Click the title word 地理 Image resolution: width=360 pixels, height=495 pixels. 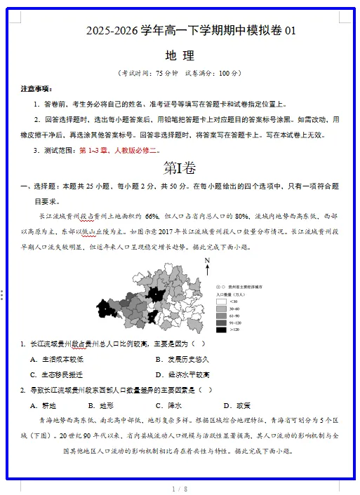click(x=180, y=55)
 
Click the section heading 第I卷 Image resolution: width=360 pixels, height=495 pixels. click(x=180, y=168)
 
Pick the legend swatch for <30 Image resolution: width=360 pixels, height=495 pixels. click(x=221, y=301)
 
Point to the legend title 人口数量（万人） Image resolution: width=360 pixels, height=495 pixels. click(x=230, y=295)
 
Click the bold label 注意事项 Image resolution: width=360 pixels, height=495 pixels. click(x=36, y=89)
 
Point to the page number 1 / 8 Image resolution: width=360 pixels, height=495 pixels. click(x=180, y=488)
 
